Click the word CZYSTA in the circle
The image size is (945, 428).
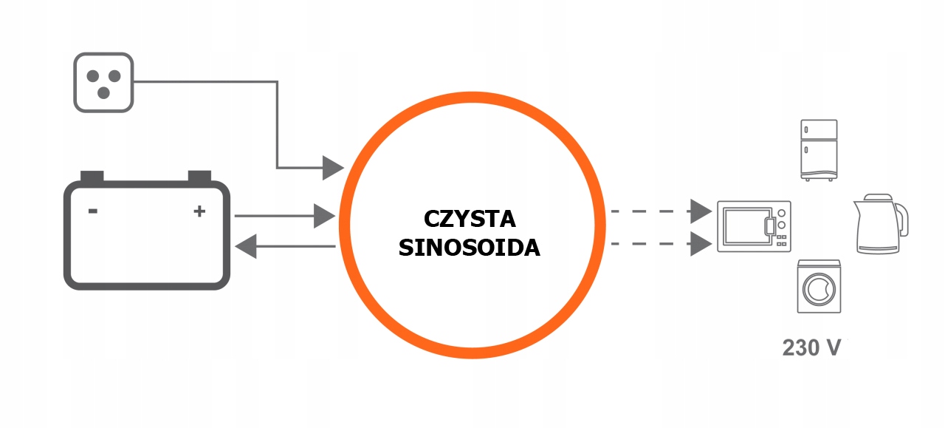(470, 220)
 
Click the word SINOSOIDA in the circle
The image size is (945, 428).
(470, 248)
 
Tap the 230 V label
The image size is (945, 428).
(811, 347)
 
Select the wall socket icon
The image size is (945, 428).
(103, 82)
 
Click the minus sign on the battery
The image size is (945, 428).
(93, 211)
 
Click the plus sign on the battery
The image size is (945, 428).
(199, 211)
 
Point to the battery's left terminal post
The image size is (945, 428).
(92, 176)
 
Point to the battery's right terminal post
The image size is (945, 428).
(199, 176)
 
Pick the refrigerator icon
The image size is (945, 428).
(819, 149)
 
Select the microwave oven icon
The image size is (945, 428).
(754, 226)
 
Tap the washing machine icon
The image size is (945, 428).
(819, 285)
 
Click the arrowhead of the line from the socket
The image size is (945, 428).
(334, 168)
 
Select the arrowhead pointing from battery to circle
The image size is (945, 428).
(325, 216)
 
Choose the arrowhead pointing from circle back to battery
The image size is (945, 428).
(246, 245)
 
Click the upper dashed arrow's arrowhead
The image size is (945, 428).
(701, 211)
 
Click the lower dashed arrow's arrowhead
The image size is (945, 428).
(701, 243)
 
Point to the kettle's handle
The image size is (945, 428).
(901, 219)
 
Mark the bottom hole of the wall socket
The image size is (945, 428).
(104, 92)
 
